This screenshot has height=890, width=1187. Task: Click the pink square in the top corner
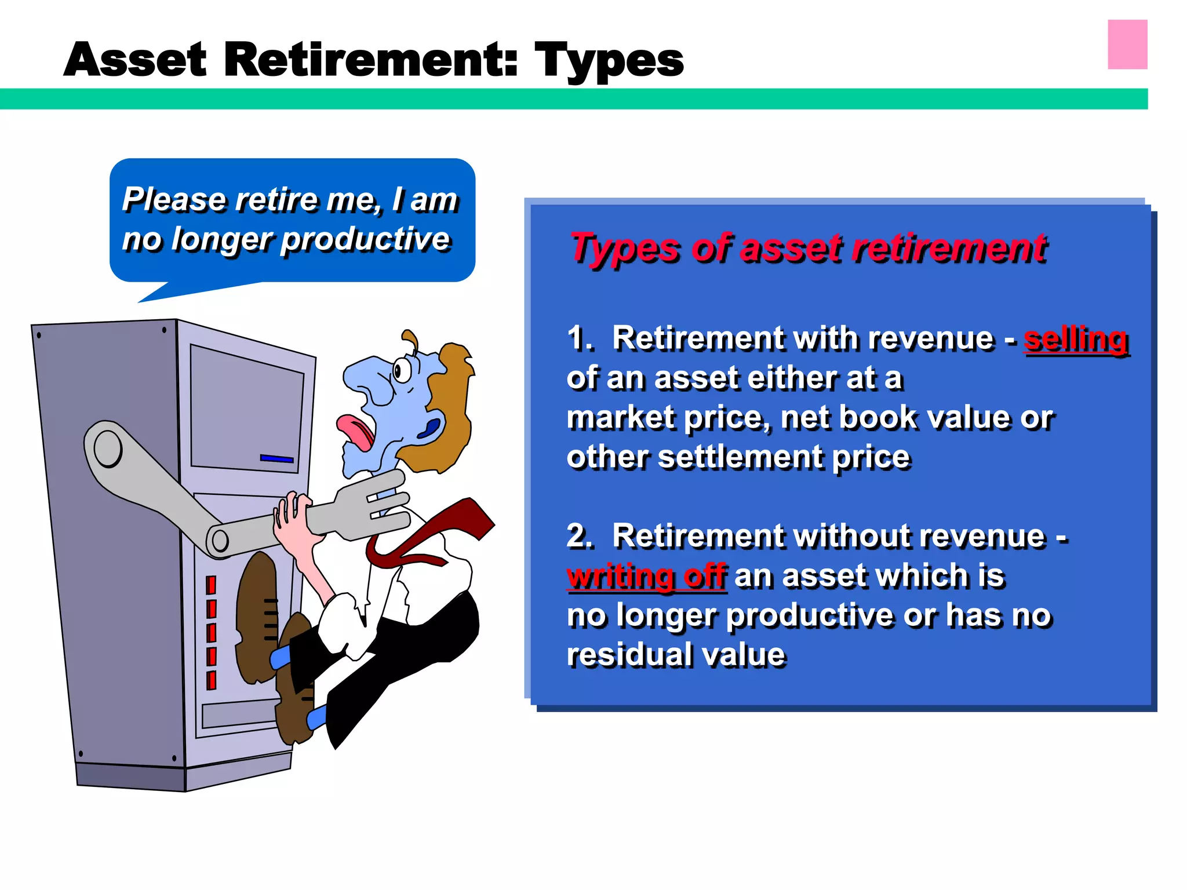pos(1127,45)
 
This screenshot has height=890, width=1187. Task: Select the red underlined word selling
pos(1076,340)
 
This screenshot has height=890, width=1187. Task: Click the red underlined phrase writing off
pos(646,577)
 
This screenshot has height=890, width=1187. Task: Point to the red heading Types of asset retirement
pos(809,248)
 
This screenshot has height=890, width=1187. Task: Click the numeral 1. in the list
pos(580,338)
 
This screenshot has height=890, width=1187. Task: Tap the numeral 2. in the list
pos(580,536)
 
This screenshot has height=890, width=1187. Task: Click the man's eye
pos(401,370)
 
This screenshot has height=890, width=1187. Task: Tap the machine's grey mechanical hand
pos(371,504)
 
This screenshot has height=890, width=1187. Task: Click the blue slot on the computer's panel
pos(277,458)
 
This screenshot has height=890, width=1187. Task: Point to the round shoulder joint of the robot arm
pos(108,448)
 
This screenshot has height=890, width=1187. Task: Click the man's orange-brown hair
pos(452,406)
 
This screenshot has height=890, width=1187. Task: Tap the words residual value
pos(676,655)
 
